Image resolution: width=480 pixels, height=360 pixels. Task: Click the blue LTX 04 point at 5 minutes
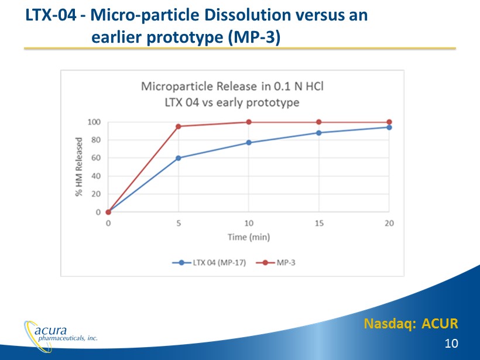[x=179, y=158]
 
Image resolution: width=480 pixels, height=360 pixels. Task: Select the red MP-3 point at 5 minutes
[x=179, y=126]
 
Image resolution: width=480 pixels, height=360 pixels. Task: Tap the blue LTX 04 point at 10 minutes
[x=249, y=143]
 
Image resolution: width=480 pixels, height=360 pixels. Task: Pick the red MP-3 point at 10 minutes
[x=249, y=122]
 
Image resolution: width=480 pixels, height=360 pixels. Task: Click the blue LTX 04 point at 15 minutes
[x=319, y=133]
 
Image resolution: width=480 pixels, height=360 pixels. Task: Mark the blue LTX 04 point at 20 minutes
[x=389, y=127]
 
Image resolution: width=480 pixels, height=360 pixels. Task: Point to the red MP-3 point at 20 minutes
[x=389, y=122]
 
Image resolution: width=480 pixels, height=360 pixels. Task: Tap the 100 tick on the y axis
[x=94, y=122]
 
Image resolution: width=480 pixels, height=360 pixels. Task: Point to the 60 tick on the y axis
[x=96, y=158]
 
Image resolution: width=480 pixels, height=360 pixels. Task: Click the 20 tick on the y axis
[x=96, y=194]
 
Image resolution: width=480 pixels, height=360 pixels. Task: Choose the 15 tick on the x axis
[x=319, y=223]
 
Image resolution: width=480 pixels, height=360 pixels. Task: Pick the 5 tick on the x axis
[x=179, y=223]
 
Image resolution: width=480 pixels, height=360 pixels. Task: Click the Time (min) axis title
[x=249, y=237]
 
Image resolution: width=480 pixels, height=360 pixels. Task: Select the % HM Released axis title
[x=78, y=167]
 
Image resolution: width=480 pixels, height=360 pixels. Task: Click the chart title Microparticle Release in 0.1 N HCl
[x=232, y=87]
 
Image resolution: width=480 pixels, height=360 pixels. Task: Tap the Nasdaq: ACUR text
[x=410, y=323]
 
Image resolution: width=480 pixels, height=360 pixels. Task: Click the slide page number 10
[x=451, y=343]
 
